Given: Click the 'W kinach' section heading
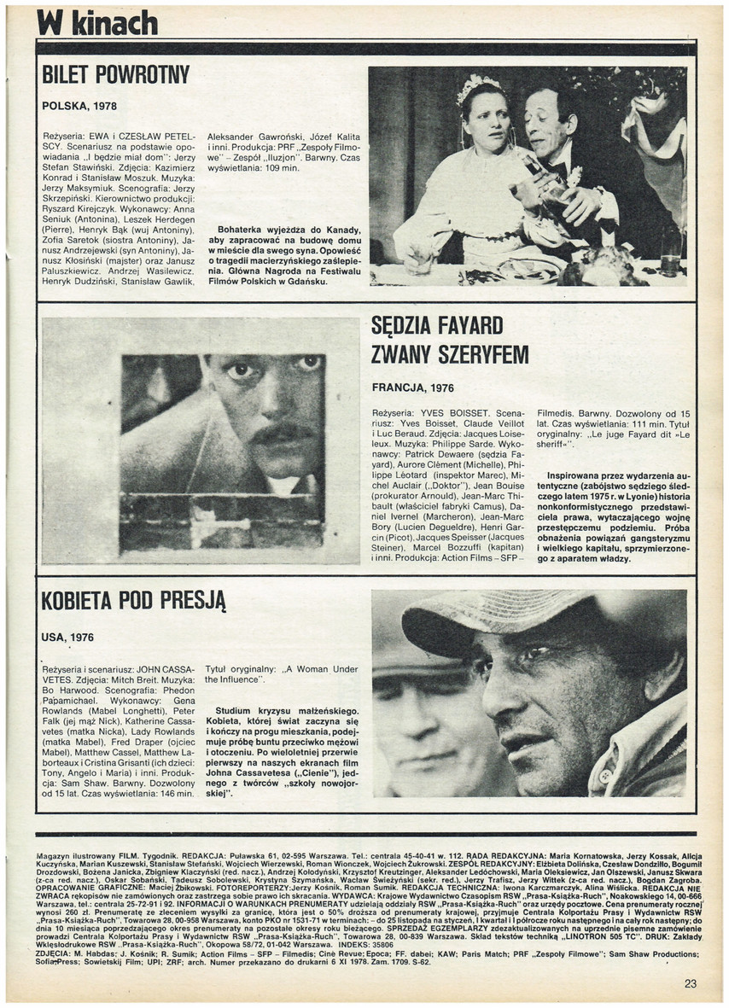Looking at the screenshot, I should pos(97,23).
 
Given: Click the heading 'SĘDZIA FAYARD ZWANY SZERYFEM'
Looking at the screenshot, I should pos(450,340).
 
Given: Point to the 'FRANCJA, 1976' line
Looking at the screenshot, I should pos(413,387).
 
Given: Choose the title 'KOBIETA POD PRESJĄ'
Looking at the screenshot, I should pos(133,600).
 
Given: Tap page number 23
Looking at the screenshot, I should pos(690,983).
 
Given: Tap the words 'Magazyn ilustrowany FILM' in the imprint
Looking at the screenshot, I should pos(85,854).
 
